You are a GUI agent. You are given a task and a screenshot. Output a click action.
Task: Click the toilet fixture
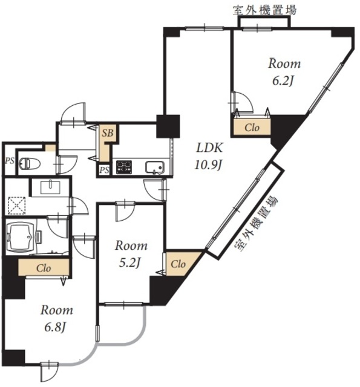[x=30, y=163]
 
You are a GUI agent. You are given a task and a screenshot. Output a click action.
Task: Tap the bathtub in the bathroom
[x=22, y=237]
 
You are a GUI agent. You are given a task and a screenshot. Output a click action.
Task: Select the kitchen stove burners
[x=124, y=167]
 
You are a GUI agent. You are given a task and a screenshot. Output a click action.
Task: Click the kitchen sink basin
[x=154, y=168]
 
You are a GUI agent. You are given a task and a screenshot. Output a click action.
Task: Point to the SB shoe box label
[x=108, y=133]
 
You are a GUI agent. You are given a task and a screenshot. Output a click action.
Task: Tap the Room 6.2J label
[x=284, y=71]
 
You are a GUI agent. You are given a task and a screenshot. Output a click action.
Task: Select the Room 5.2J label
[x=131, y=254]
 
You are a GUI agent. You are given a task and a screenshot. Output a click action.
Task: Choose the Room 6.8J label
[x=56, y=318]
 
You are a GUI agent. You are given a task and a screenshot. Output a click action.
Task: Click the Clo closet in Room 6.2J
[x=252, y=128]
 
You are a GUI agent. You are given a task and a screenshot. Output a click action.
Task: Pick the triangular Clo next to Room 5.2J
[x=180, y=263]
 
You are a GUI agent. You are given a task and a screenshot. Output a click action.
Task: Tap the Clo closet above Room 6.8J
[x=44, y=267]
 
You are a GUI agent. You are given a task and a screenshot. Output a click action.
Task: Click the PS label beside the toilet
[x=10, y=161]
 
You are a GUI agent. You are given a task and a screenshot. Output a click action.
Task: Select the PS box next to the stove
[x=104, y=170]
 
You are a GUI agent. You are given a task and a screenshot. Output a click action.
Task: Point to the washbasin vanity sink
[x=51, y=187]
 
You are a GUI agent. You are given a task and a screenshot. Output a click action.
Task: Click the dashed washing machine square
[x=17, y=205]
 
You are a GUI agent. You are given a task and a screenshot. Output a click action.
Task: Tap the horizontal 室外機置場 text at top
[x=264, y=10]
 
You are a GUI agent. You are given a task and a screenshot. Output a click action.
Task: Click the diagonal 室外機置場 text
[x=256, y=224]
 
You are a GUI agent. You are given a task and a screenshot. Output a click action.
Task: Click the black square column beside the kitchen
[x=168, y=126]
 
